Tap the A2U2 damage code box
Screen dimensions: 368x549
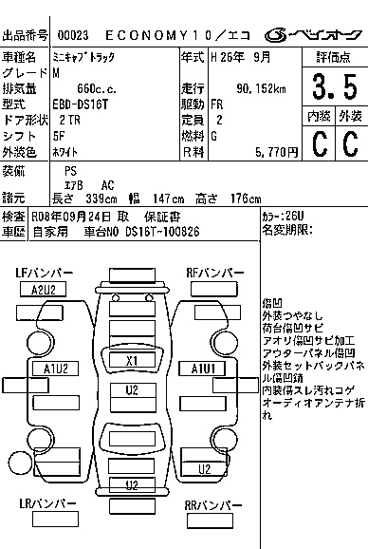[x=44, y=290]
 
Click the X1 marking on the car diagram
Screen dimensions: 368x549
[x=132, y=361]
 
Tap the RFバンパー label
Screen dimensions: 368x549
[x=214, y=274]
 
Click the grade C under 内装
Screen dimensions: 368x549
[x=318, y=143]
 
